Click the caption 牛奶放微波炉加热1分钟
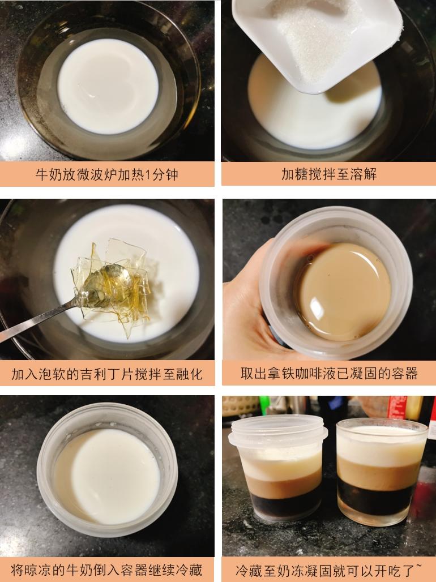coord(107,174)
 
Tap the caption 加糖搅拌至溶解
coord(328,174)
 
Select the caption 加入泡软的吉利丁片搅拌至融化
coord(107,374)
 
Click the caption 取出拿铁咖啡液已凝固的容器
coord(328,374)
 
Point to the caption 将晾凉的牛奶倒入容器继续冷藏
coord(107,569)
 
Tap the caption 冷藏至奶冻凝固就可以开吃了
coord(328,569)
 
